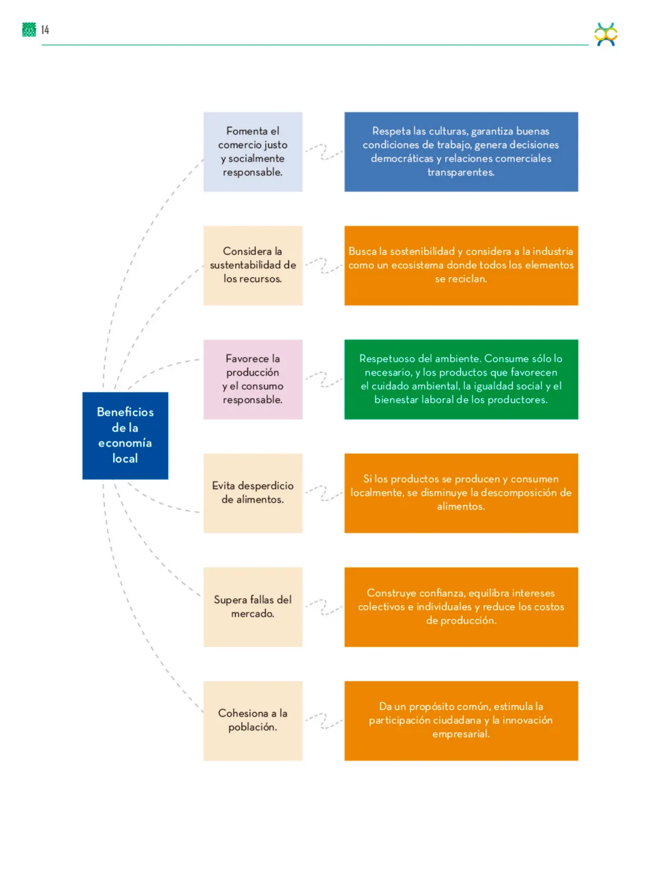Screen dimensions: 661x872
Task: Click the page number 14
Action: coord(45,30)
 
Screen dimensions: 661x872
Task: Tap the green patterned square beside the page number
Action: coord(29,30)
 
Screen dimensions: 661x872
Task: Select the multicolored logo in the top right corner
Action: coord(605,34)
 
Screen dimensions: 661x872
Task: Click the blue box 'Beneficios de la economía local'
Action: coord(125,435)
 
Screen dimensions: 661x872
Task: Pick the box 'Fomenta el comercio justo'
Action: coord(253,152)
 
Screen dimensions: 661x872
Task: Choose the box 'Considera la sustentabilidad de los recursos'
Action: coord(253,265)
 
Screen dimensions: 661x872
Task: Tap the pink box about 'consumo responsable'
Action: coord(253,379)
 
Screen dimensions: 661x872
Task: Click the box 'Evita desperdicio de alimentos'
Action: coord(253,493)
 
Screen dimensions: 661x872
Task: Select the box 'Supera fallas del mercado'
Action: coord(253,607)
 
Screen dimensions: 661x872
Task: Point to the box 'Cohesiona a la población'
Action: coord(253,720)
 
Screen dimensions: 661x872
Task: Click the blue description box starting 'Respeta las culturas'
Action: coord(461,152)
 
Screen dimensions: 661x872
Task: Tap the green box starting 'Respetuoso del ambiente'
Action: coord(461,379)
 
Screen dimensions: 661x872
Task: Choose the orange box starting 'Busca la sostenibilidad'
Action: coord(461,265)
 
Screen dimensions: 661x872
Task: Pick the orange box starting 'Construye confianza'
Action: coord(461,607)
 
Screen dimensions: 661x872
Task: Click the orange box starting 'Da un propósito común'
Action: coord(461,720)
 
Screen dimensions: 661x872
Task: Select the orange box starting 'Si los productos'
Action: coord(461,493)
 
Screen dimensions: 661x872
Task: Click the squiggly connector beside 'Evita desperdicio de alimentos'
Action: coord(324,493)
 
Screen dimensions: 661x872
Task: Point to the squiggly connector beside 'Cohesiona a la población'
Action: coord(324,720)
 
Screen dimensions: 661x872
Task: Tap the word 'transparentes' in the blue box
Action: coord(461,172)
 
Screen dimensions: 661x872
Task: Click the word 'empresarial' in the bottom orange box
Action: coord(461,734)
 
